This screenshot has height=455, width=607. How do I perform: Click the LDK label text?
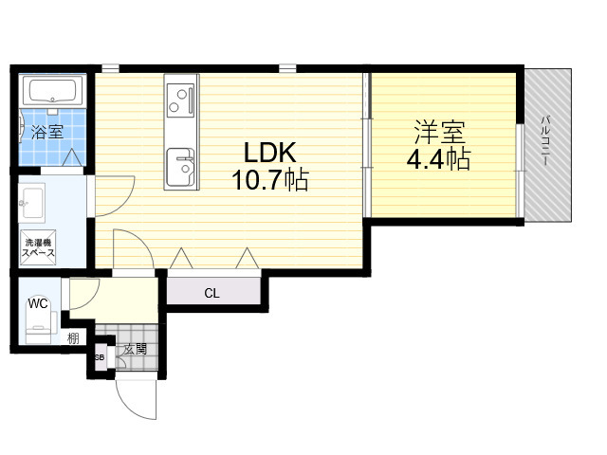tap(269, 153)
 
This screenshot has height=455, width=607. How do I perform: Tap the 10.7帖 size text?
tap(269, 180)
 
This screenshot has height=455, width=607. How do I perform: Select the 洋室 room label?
tap(439, 132)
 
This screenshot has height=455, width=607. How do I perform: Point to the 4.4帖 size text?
tap(438, 158)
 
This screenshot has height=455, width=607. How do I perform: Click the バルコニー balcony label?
tap(545, 140)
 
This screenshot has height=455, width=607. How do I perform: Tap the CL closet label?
tap(212, 293)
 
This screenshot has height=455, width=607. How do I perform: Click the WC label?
tap(38, 303)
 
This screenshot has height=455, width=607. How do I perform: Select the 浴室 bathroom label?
tap(47, 132)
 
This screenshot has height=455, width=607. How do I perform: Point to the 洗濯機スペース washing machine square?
tap(38, 247)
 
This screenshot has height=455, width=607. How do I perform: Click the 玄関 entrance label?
tap(136, 349)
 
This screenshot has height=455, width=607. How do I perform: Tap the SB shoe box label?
tap(100, 357)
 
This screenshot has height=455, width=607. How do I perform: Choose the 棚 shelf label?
tap(73, 338)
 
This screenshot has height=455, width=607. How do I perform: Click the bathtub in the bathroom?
tap(53, 91)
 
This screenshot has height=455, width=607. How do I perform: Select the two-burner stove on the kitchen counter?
tap(180, 101)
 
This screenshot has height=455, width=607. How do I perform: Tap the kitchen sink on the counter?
tap(180, 167)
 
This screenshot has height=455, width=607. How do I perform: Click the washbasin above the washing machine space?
tap(32, 202)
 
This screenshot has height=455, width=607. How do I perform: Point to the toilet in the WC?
tap(39, 322)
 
